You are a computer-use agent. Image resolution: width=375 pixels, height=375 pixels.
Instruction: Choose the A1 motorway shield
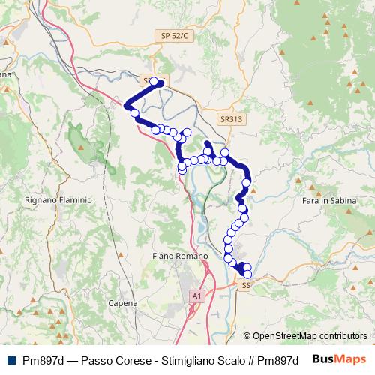(x=196, y=296)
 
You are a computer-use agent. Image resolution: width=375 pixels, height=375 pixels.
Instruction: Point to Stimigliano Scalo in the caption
(x=202, y=359)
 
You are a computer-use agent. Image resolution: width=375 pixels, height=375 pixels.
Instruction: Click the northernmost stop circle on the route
(x=154, y=82)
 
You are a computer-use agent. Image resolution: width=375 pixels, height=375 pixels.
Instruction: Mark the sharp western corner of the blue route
(x=126, y=106)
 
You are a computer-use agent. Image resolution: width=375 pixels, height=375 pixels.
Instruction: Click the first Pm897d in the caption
(x=42, y=359)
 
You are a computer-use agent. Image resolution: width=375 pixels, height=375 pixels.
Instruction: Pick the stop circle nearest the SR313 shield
(x=224, y=153)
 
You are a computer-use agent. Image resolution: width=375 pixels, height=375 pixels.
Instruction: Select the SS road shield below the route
(x=245, y=285)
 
